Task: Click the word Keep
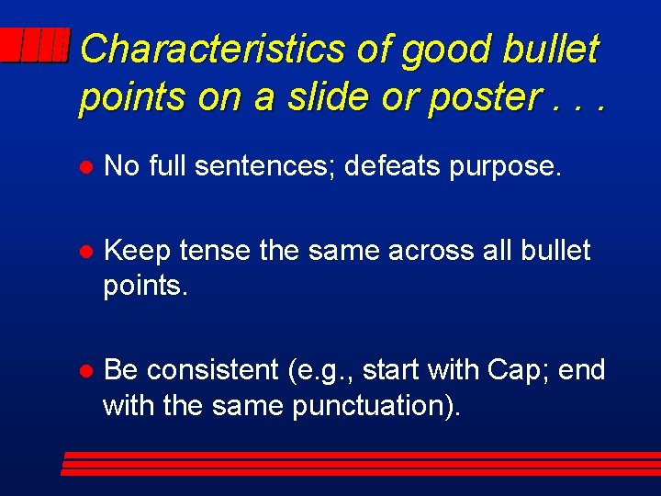click(x=138, y=251)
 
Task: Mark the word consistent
click(x=213, y=370)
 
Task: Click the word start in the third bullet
click(x=391, y=370)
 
